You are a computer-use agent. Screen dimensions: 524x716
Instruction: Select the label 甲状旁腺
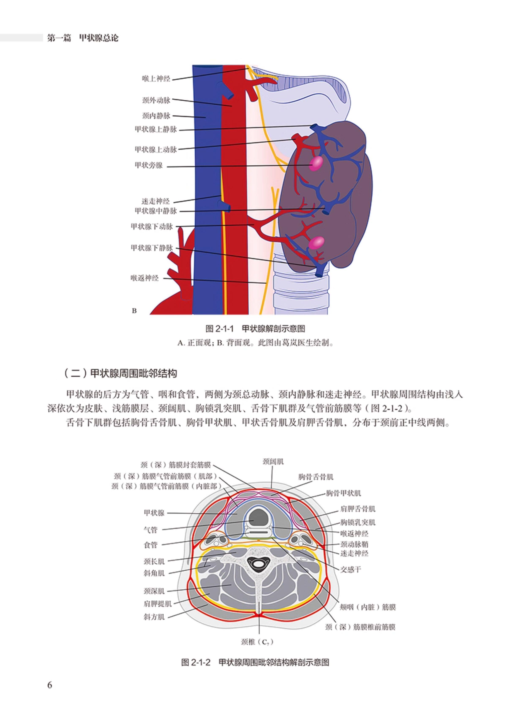point(149,165)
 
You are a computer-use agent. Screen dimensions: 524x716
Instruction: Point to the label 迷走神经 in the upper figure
point(156,201)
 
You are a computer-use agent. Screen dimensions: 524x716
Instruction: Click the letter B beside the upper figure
point(134,311)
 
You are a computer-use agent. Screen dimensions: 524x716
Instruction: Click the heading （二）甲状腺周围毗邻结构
point(120,373)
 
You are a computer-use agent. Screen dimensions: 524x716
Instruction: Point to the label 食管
point(150,545)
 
